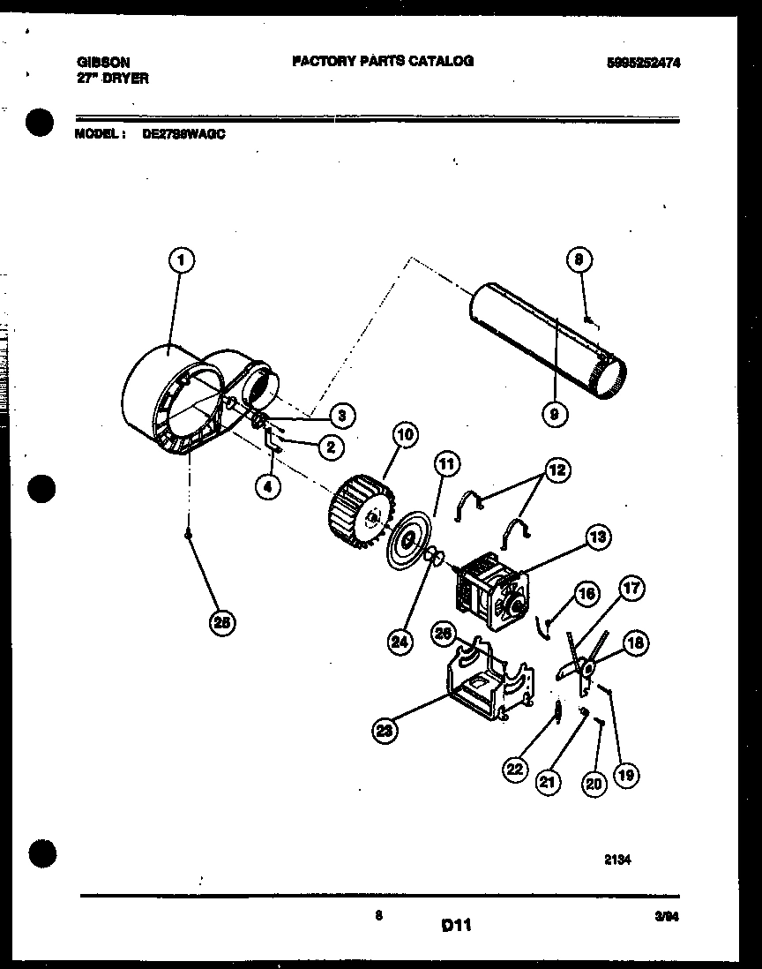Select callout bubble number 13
point(598,536)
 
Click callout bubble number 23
point(385,729)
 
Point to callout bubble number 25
point(224,622)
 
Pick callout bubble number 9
point(557,412)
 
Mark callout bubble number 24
point(400,642)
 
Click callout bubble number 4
point(268,484)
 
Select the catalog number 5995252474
point(643,63)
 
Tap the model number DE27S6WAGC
point(183,135)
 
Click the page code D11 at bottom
point(456,925)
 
